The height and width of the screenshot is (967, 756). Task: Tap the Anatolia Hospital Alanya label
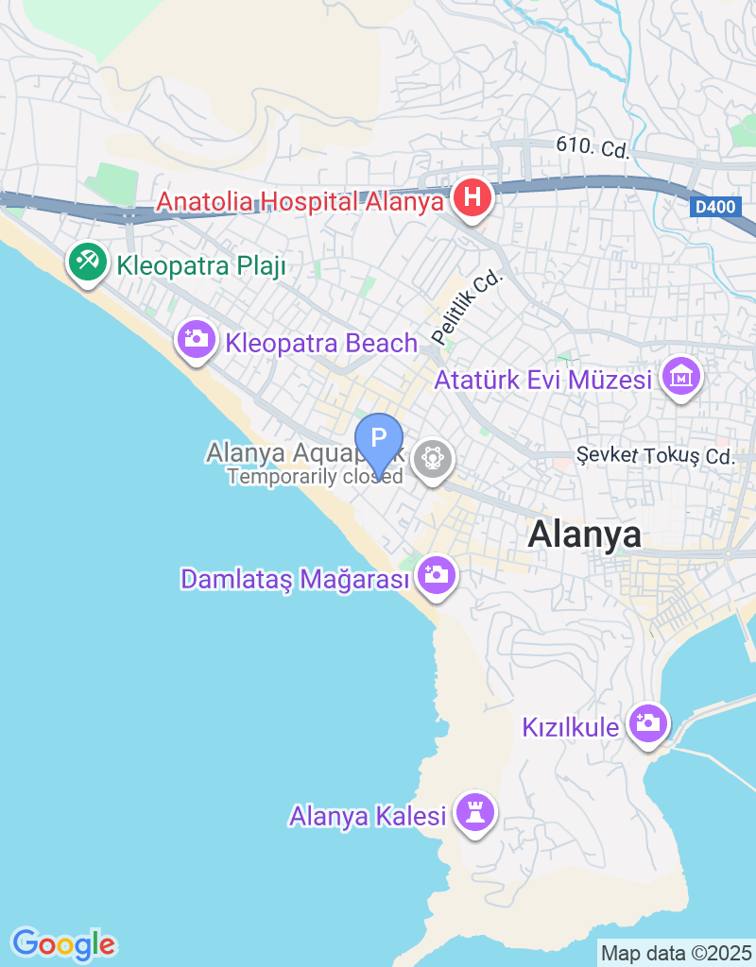[x=300, y=202]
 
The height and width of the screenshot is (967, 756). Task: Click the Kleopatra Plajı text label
[x=201, y=266]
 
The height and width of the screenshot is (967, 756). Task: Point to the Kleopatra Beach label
[x=321, y=343]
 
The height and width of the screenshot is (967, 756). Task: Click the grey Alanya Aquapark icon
[x=433, y=459]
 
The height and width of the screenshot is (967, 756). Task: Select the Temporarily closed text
[x=315, y=477]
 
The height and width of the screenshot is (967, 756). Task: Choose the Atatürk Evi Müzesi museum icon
[x=681, y=377]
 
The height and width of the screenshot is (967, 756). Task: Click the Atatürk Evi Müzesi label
[x=543, y=381]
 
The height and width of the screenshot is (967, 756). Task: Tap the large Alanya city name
[x=585, y=534]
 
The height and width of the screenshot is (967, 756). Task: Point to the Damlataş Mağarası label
[x=296, y=579]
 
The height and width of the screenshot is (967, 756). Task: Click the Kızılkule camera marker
[x=648, y=723]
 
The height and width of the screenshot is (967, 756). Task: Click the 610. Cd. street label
[x=593, y=148]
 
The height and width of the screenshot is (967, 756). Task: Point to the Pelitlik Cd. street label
[x=468, y=307]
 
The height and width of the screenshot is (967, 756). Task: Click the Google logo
[x=63, y=943]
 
